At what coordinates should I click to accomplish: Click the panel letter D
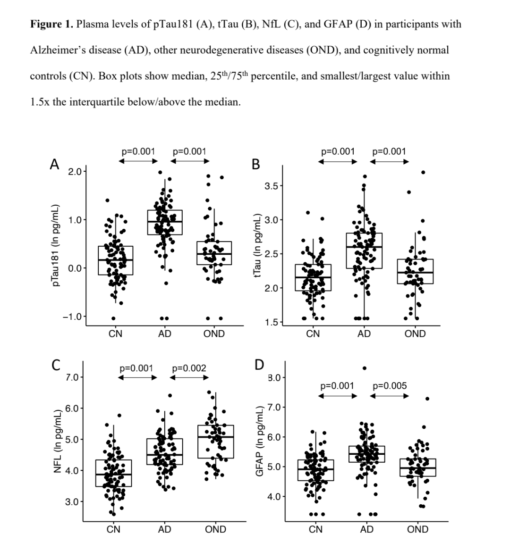[259, 365]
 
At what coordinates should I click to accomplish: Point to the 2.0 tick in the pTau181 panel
[75, 171]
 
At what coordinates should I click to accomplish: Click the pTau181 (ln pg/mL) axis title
[56, 245]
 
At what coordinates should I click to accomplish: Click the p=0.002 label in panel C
[189, 368]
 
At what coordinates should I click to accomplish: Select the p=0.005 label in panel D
[390, 386]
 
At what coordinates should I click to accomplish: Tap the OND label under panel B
[415, 334]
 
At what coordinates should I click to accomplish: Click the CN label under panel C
[113, 529]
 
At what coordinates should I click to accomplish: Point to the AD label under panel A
[164, 334]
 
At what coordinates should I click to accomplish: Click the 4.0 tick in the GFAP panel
[274, 496]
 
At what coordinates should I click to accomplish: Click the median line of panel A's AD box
[165, 221]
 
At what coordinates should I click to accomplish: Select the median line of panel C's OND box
[216, 437]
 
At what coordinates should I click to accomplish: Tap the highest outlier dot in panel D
[365, 368]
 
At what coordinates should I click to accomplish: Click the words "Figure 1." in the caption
[51, 24]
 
